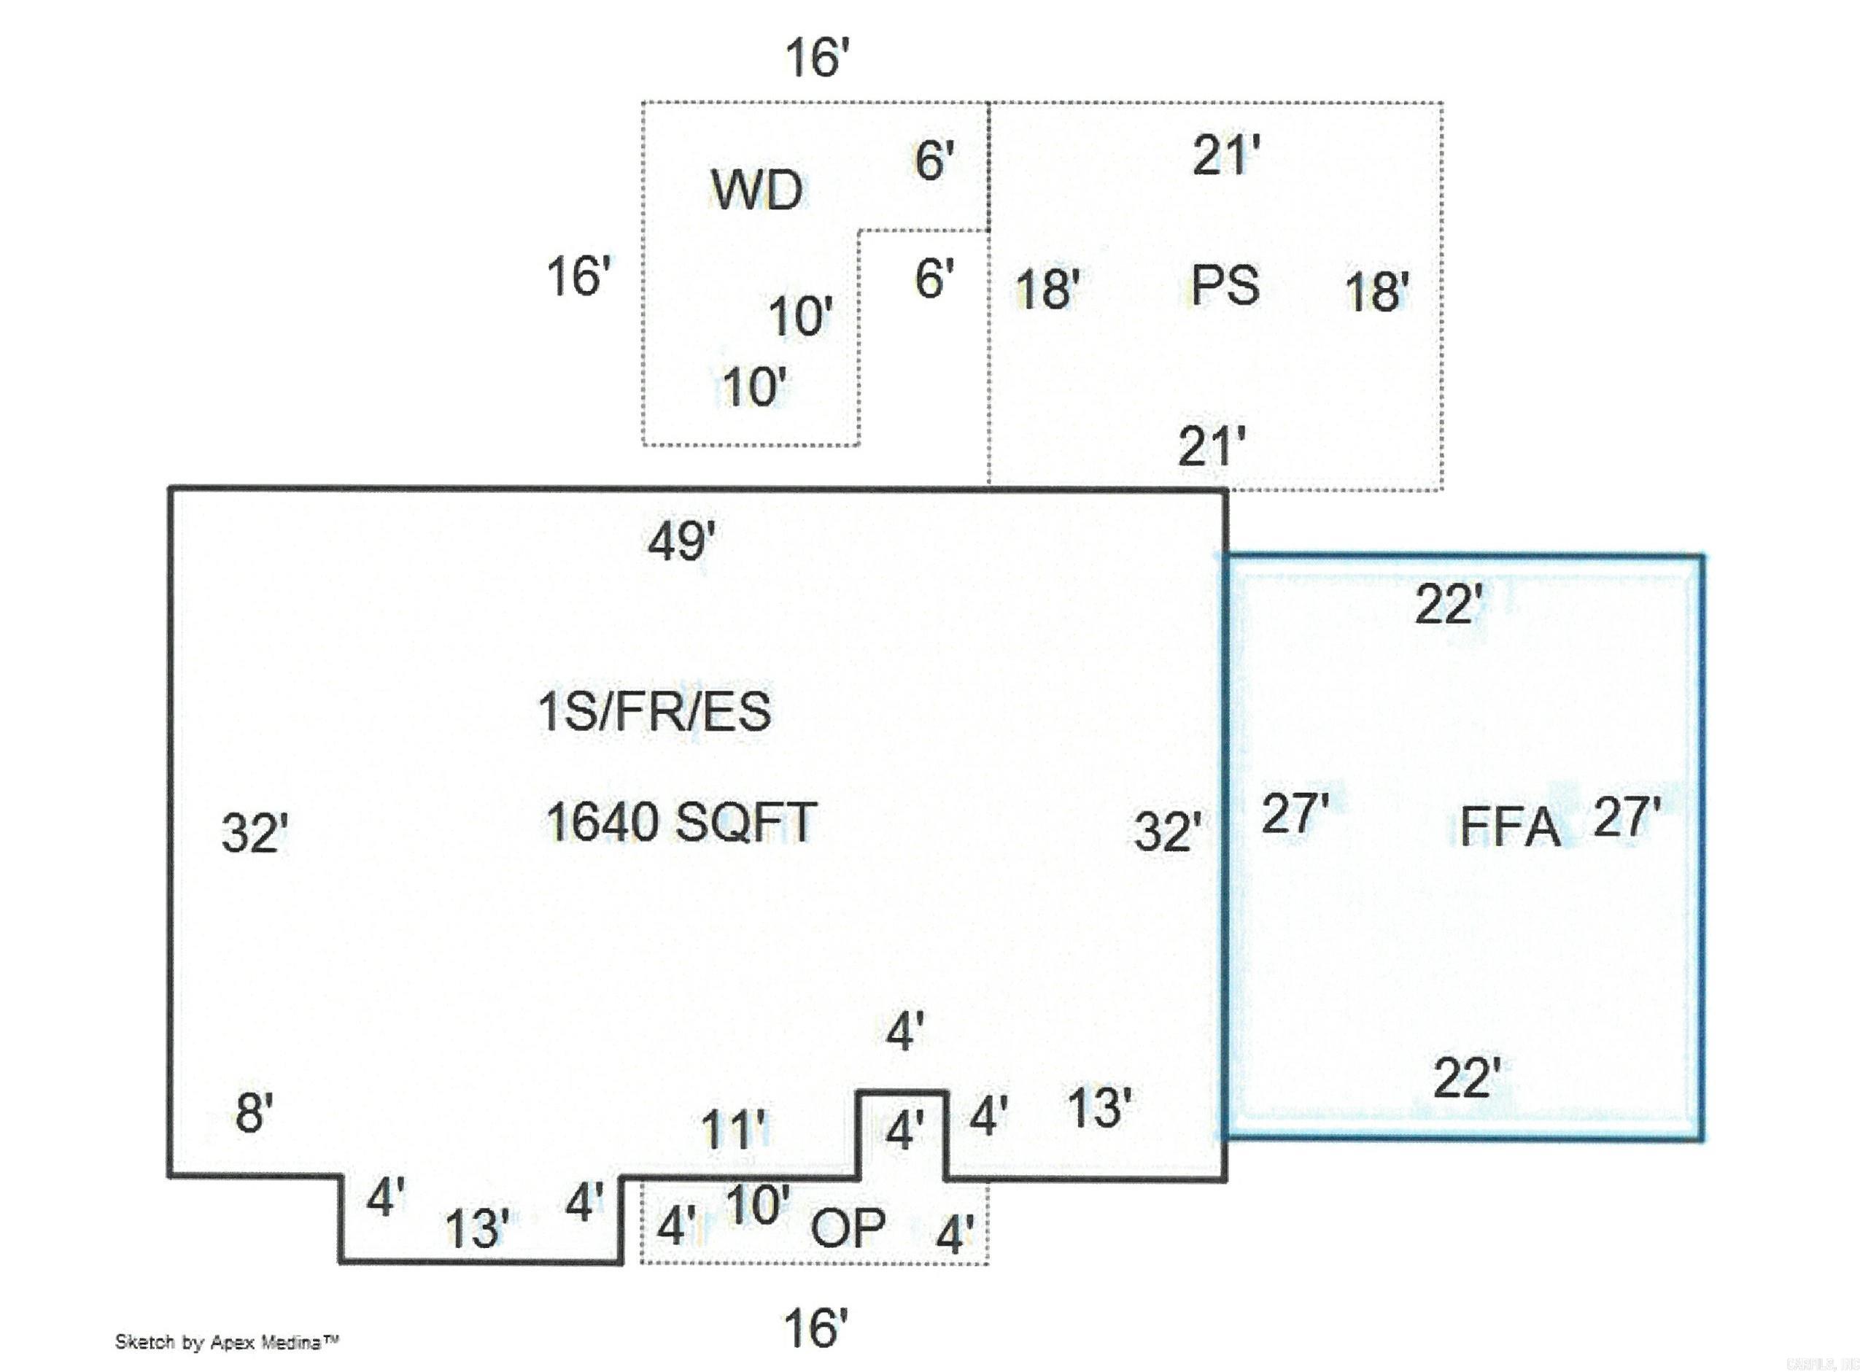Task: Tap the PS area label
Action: point(1225,285)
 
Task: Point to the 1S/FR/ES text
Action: point(654,712)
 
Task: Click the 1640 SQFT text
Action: point(681,821)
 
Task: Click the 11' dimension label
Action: point(735,1130)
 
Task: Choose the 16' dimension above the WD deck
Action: point(818,58)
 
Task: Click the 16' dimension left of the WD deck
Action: point(578,276)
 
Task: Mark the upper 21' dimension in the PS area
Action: point(1226,155)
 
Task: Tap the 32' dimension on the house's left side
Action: point(255,833)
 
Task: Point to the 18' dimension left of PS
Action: point(1048,290)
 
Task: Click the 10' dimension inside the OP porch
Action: point(758,1204)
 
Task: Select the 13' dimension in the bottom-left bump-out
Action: point(478,1229)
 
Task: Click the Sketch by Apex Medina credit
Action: point(227,1342)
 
